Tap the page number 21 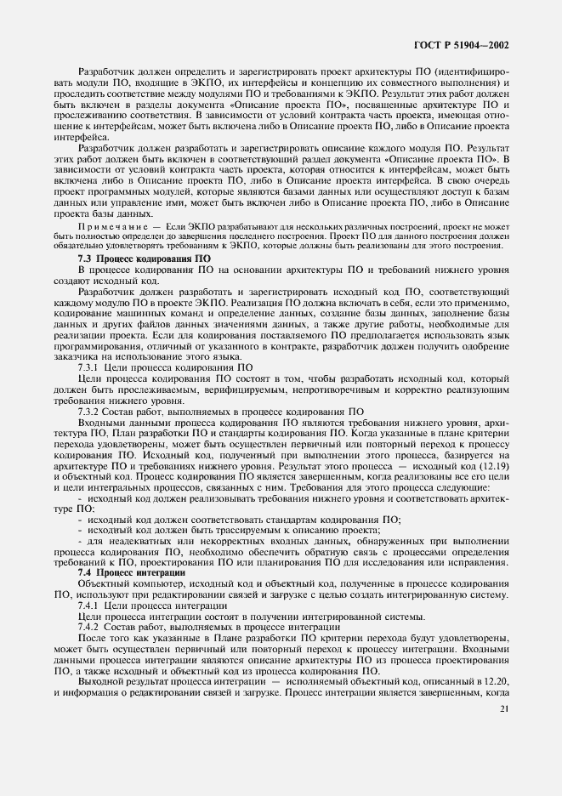pos(504,708)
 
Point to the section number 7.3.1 pos(90,367)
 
